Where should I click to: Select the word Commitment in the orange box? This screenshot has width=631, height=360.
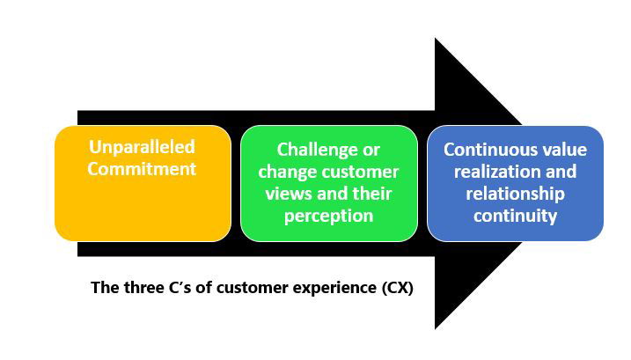(x=142, y=168)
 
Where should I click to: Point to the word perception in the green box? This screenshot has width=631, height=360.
(x=328, y=216)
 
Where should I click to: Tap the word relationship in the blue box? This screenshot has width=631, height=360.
(x=516, y=194)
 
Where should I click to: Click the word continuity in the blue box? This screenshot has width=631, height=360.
(x=516, y=216)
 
